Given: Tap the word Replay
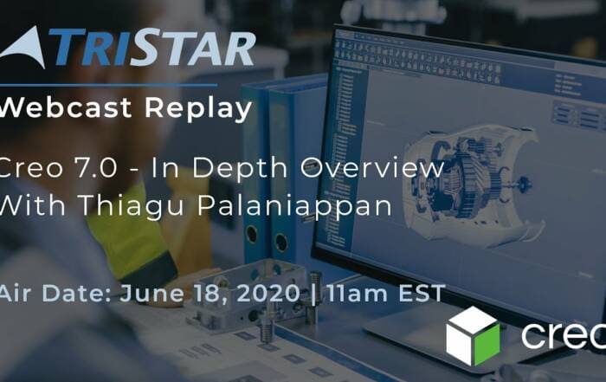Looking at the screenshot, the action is [x=198, y=109].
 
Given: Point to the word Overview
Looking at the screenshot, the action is [x=372, y=167].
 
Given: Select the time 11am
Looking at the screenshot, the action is [x=358, y=293].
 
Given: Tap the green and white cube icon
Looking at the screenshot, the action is [x=473, y=335].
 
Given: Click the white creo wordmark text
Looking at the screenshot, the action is [x=564, y=335].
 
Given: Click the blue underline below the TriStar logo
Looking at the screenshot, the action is [x=108, y=84].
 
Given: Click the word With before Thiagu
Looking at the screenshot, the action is [x=32, y=205].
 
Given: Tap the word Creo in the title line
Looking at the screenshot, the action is [x=31, y=168].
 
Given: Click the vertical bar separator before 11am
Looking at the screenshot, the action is [x=313, y=294].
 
